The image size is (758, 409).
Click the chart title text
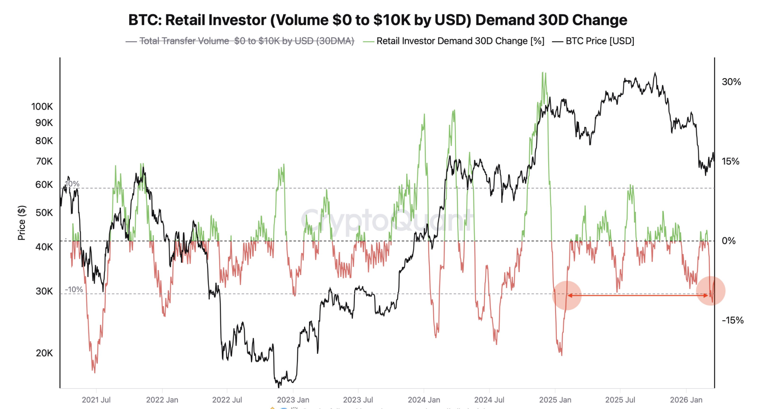pyautogui.click(x=378, y=20)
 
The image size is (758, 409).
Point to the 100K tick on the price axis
pyautogui.click(x=42, y=106)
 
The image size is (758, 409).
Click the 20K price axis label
pyautogui.click(x=44, y=353)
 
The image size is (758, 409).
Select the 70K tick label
pyautogui.click(x=44, y=161)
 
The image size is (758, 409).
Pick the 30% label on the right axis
pyautogui.click(x=731, y=82)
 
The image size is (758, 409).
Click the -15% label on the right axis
pyautogui.click(x=732, y=320)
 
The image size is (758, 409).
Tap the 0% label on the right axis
pyautogui.click(x=728, y=241)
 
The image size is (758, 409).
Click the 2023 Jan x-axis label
pyautogui.click(x=293, y=400)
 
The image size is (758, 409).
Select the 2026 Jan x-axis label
pyautogui.click(x=686, y=400)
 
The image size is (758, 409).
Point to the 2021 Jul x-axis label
pyautogui.click(x=96, y=400)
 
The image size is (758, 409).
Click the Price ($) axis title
pyautogui.click(x=22, y=223)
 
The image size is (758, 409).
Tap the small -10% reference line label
pyautogui.click(x=74, y=289)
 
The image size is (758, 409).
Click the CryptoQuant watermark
pyautogui.click(x=386, y=221)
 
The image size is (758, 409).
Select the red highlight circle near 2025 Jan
pyautogui.click(x=566, y=295)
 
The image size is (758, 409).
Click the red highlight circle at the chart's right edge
pyautogui.click(x=710, y=291)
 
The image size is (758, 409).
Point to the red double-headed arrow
pyautogui.click(x=637, y=295)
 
